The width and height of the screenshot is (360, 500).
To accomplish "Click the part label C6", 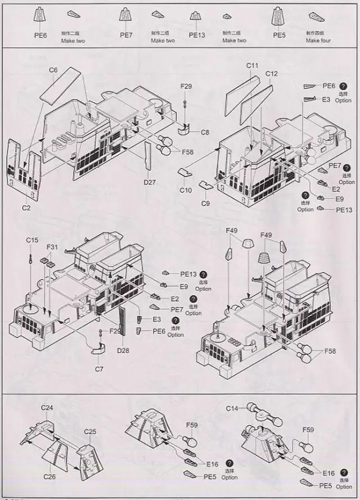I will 53,70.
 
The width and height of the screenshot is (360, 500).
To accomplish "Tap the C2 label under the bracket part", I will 26,208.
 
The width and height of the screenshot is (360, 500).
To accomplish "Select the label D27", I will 150,182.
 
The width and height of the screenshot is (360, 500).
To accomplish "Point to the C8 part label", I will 205,132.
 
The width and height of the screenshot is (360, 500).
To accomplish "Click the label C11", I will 253,66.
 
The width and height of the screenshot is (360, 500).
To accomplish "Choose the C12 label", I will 272,74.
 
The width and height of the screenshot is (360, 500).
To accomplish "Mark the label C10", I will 186,190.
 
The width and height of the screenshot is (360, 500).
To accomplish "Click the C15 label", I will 32,240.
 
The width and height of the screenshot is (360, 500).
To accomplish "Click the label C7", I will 99,368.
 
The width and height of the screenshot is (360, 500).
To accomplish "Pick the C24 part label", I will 47,407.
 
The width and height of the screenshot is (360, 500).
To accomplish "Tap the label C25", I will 90,431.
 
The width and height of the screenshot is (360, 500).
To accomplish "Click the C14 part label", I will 232,408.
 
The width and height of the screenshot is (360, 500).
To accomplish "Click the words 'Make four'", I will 318,41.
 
